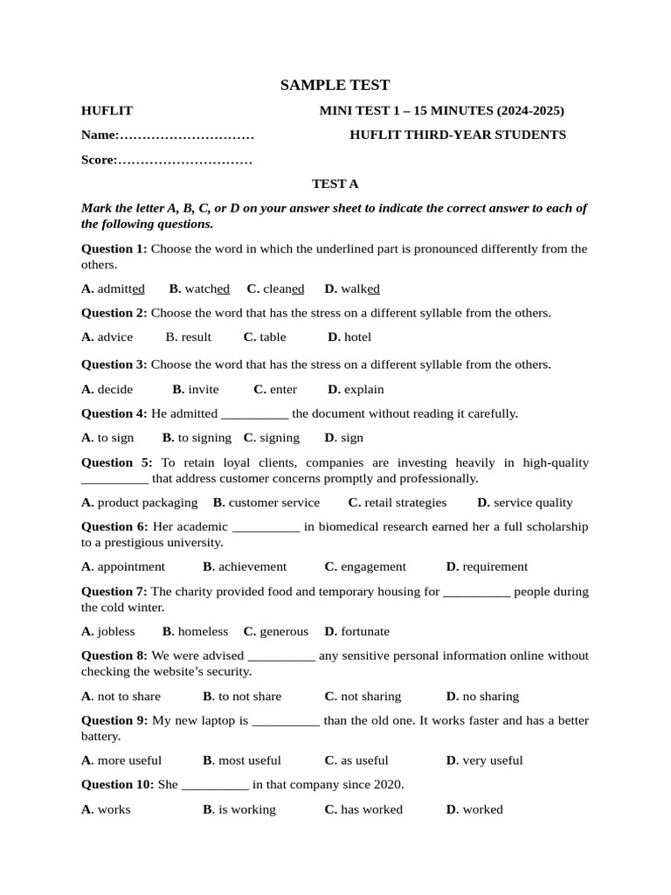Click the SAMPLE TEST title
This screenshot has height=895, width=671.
click(x=335, y=85)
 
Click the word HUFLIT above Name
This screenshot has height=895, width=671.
click(x=107, y=111)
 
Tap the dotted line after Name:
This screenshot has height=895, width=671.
click(x=186, y=135)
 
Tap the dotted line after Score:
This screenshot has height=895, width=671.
click(x=184, y=160)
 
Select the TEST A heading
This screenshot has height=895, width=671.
click(x=335, y=184)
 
